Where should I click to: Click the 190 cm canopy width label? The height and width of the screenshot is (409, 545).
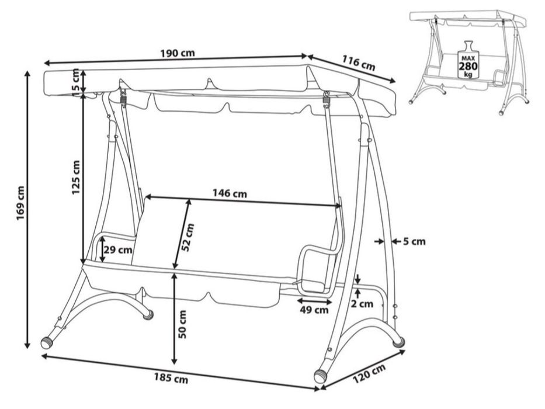point(178,53)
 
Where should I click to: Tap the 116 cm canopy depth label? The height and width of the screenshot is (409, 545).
point(359,63)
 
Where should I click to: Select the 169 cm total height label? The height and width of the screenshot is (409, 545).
point(20,203)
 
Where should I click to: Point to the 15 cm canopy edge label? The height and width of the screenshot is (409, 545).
point(75,80)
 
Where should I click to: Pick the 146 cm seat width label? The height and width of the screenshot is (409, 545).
point(230,193)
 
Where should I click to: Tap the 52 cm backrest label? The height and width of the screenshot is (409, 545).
point(188,238)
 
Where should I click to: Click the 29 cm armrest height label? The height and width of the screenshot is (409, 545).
point(118,249)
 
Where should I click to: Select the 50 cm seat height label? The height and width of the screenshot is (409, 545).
point(182,324)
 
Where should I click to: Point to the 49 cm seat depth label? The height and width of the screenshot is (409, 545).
point(314,310)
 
